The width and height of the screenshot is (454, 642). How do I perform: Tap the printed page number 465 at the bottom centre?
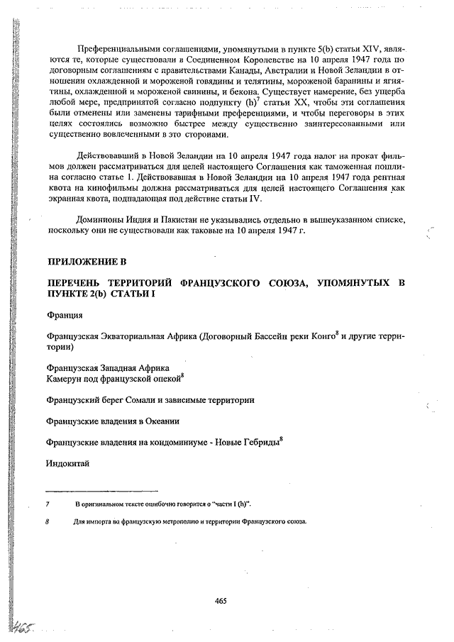[220, 600]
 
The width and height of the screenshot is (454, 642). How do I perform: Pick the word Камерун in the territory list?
[65, 380]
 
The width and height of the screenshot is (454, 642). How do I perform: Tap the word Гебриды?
[260, 442]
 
